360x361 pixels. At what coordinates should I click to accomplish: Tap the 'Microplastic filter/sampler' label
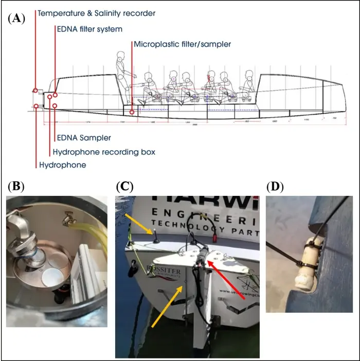pyautogui.click(x=182, y=45)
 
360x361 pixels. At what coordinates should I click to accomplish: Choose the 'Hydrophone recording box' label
pyautogui.click(x=104, y=152)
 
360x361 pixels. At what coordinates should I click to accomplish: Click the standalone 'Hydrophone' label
pyautogui.click(x=63, y=165)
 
